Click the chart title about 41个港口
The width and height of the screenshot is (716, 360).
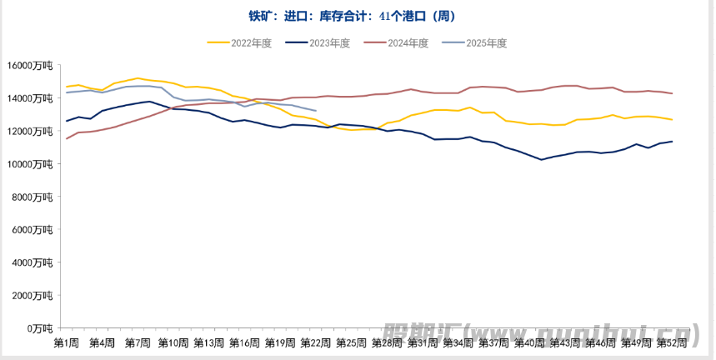pyautogui.click(x=357, y=16)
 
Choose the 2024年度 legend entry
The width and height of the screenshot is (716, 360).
pyautogui.click(x=407, y=42)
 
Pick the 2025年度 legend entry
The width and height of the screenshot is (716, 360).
pyautogui.click(x=485, y=42)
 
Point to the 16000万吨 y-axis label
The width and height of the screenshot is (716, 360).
pyautogui.click(x=30, y=65)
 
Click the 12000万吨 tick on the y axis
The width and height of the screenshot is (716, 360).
pyautogui.click(x=30, y=131)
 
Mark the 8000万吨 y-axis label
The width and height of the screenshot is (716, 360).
pyautogui.click(x=33, y=197)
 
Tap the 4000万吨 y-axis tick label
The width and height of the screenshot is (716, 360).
pyautogui.click(x=33, y=262)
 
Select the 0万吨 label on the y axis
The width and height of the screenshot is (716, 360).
pyautogui.click(x=38, y=327)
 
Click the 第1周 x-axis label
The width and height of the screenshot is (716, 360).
pyautogui.click(x=67, y=342)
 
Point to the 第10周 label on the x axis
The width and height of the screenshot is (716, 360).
pyautogui.click(x=173, y=342)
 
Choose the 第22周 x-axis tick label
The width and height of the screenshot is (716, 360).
pyautogui.click(x=316, y=342)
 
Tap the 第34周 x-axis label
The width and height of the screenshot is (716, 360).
pyautogui.click(x=458, y=342)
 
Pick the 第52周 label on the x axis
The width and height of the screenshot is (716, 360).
pyautogui.click(x=672, y=342)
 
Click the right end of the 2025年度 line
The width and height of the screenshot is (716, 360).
pyautogui.click(x=316, y=111)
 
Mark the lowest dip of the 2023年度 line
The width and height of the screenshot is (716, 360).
pyautogui.click(x=542, y=159)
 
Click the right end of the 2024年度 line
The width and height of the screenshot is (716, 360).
pyautogui.click(x=672, y=93)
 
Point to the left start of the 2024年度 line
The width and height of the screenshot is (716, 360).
pyautogui.click(x=67, y=138)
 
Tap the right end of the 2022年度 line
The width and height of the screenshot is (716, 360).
pyautogui.click(x=672, y=120)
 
